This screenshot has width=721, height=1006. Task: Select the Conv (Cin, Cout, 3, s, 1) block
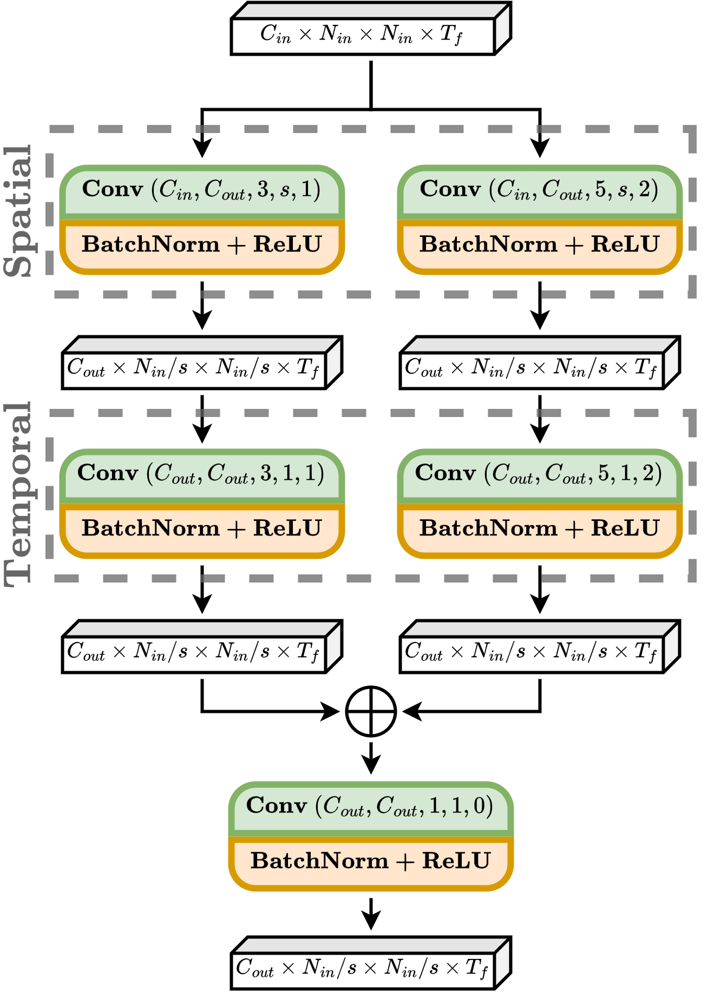click(x=201, y=190)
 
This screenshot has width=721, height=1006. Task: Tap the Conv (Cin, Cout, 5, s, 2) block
click(x=539, y=190)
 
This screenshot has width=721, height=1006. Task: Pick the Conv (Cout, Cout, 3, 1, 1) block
click(x=201, y=474)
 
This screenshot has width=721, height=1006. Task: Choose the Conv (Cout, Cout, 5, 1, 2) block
click(x=539, y=474)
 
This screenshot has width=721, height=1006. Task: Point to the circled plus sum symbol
click(x=371, y=711)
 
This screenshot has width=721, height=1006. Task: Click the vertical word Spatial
click(x=18, y=211)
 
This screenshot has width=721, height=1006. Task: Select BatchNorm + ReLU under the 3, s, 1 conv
click(x=201, y=244)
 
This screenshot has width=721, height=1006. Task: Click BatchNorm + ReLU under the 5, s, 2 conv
click(x=539, y=244)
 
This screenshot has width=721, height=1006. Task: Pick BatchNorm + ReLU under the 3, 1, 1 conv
click(x=201, y=528)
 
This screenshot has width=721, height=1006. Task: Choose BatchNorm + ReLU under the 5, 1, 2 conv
click(x=539, y=528)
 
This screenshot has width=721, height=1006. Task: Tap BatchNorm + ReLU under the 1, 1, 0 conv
click(x=370, y=861)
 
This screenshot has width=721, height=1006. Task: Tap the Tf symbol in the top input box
click(x=451, y=35)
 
